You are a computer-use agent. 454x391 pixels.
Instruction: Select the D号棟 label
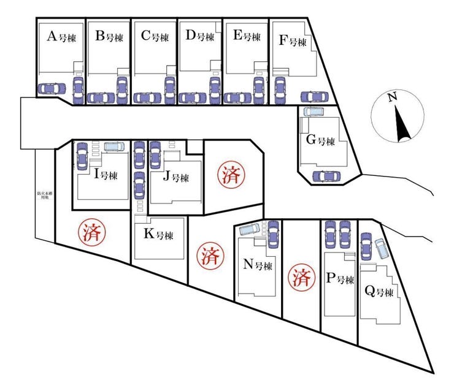click(200, 36)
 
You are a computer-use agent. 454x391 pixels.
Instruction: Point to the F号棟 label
click(293, 41)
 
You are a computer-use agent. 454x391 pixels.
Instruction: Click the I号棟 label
click(106, 173)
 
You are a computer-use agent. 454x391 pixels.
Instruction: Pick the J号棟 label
click(175, 178)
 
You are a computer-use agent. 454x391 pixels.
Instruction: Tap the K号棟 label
click(158, 234)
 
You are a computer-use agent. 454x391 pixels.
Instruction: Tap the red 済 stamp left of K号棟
click(91, 232)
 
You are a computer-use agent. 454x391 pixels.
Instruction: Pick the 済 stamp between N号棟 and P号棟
click(301, 277)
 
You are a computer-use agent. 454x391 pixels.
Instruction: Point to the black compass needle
click(403, 123)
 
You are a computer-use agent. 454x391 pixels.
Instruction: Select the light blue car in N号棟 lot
click(250, 229)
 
